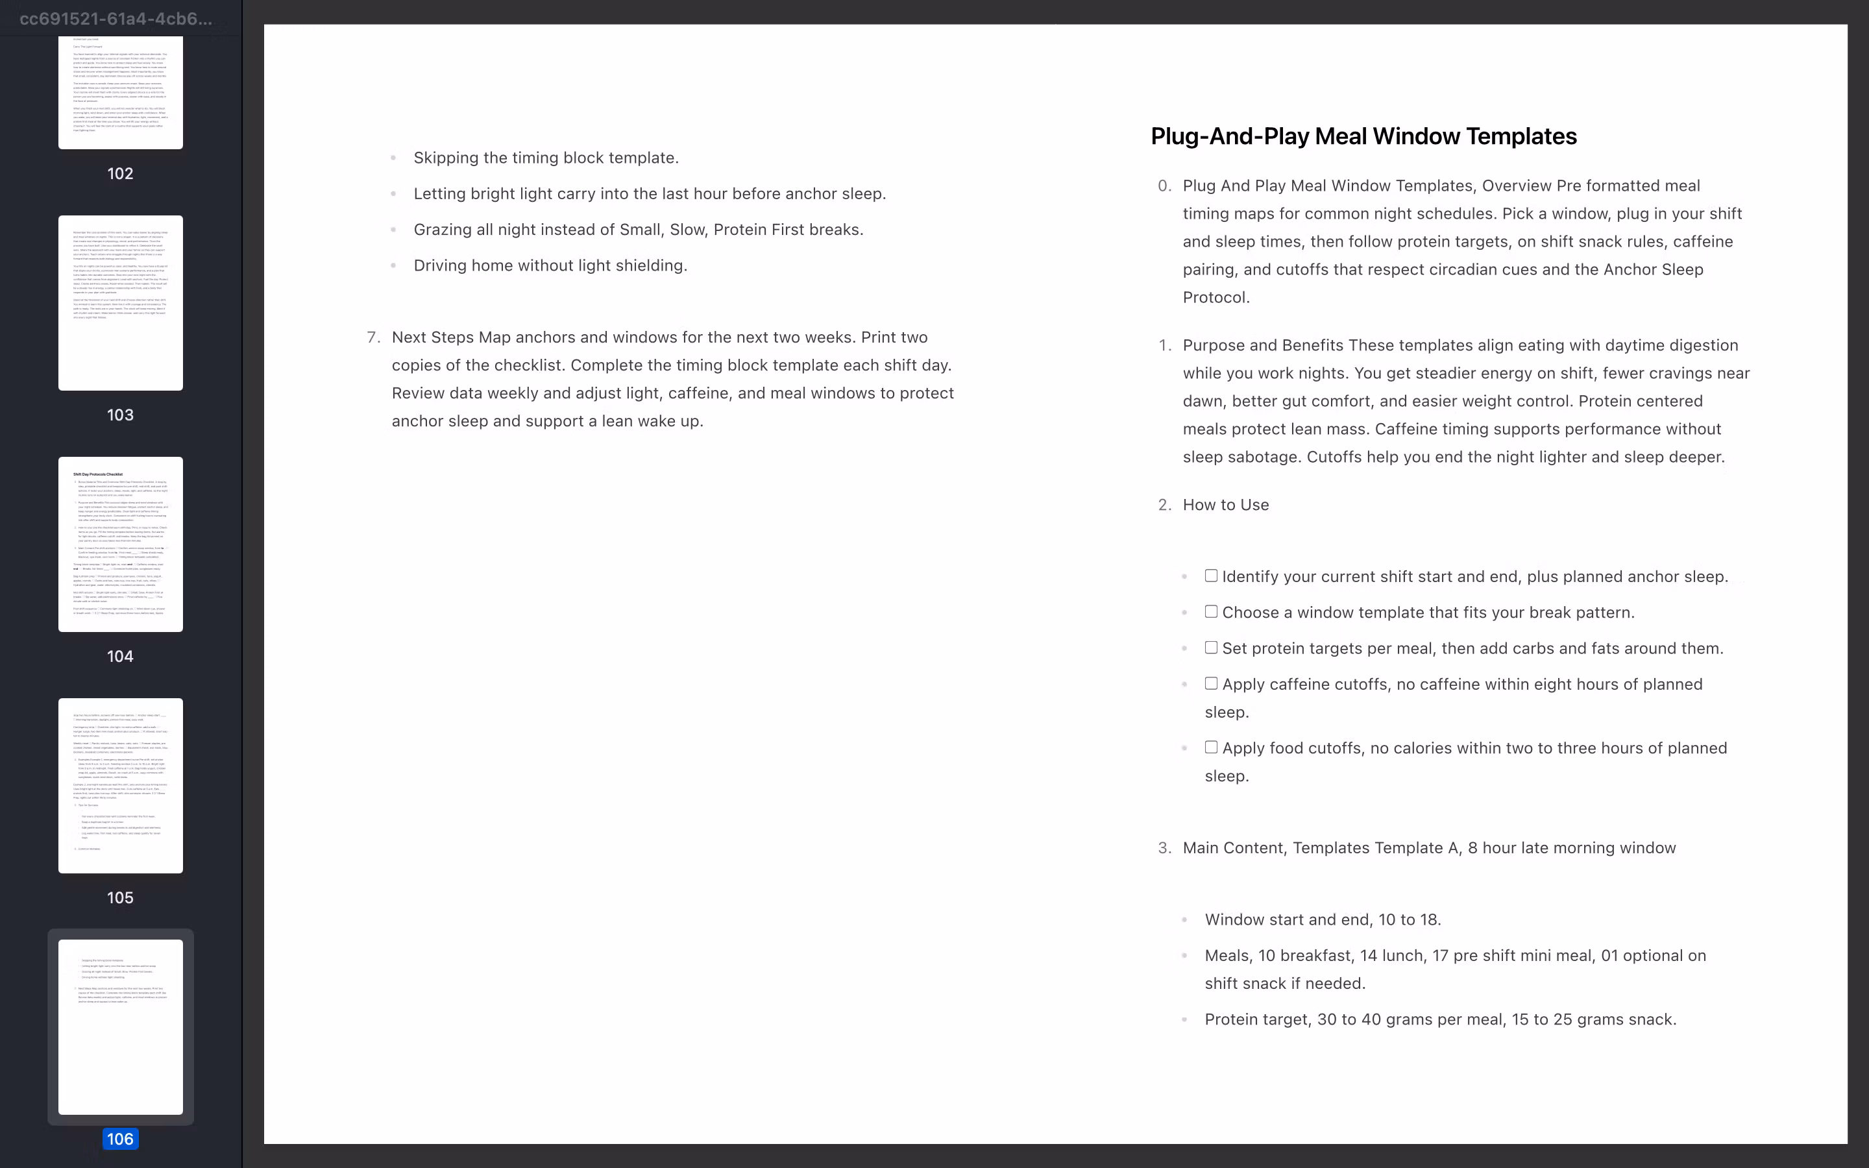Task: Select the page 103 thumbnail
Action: click(x=121, y=303)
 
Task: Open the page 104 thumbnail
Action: click(x=121, y=544)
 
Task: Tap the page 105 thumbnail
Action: click(x=121, y=786)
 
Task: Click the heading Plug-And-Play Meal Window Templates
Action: click(x=1363, y=137)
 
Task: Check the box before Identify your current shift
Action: click(x=1211, y=576)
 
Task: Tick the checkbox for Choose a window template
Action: click(x=1211, y=612)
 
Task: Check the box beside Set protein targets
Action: click(x=1211, y=648)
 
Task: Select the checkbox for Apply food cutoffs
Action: click(x=1211, y=748)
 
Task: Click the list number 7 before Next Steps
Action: click(x=373, y=337)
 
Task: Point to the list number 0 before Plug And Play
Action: click(x=1164, y=186)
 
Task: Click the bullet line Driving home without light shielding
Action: click(x=550, y=266)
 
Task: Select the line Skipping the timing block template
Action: click(x=545, y=158)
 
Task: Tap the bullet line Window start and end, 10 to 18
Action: click(x=1322, y=920)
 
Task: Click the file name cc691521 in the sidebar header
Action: click(x=116, y=19)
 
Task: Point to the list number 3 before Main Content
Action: click(x=1164, y=848)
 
